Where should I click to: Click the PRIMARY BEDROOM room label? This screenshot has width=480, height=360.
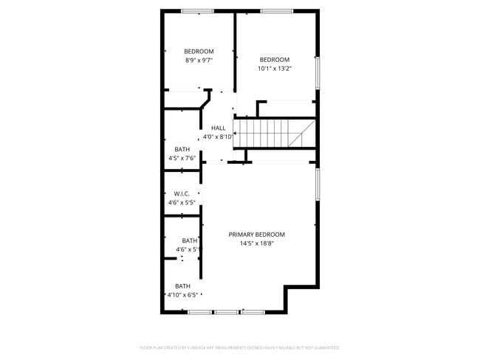pyautogui.click(x=256, y=235)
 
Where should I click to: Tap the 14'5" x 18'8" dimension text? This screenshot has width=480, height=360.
pyautogui.click(x=256, y=244)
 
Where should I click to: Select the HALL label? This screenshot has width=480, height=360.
pyautogui.click(x=218, y=128)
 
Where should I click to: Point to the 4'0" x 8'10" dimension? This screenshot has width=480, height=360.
pyautogui.click(x=218, y=136)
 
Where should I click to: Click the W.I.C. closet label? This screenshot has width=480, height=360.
pyautogui.click(x=182, y=193)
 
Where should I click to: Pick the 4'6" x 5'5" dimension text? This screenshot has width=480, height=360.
pyautogui.click(x=182, y=202)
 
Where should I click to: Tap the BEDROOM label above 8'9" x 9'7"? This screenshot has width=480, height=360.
pyautogui.click(x=199, y=51)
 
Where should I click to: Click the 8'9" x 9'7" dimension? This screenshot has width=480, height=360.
pyautogui.click(x=199, y=60)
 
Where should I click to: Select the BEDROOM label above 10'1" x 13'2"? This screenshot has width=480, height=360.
pyautogui.click(x=274, y=60)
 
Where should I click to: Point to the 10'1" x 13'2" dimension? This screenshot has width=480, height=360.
pyautogui.click(x=274, y=69)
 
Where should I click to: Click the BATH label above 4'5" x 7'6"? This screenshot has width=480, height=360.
pyautogui.click(x=182, y=149)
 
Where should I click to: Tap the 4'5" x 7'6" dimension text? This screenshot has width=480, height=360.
pyautogui.click(x=182, y=158)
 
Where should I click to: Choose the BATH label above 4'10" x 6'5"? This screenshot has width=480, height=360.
pyautogui.click(x=182, y=286)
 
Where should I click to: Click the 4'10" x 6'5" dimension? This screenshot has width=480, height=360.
pyautogui.click(x=182, y=295)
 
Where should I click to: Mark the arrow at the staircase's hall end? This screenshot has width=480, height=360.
pyautogui.click(x=236, y=134)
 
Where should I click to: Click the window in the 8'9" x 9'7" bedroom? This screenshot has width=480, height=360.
pyautogui.click(x=197, y=11)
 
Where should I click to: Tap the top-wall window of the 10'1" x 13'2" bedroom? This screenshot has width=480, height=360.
pyautogui.click(x=276, y=11)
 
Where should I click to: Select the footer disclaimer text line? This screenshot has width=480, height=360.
pyautogui.click(x=239, y=347)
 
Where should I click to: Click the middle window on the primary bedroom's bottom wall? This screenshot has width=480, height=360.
pyautogui.click(x=226, y=312)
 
